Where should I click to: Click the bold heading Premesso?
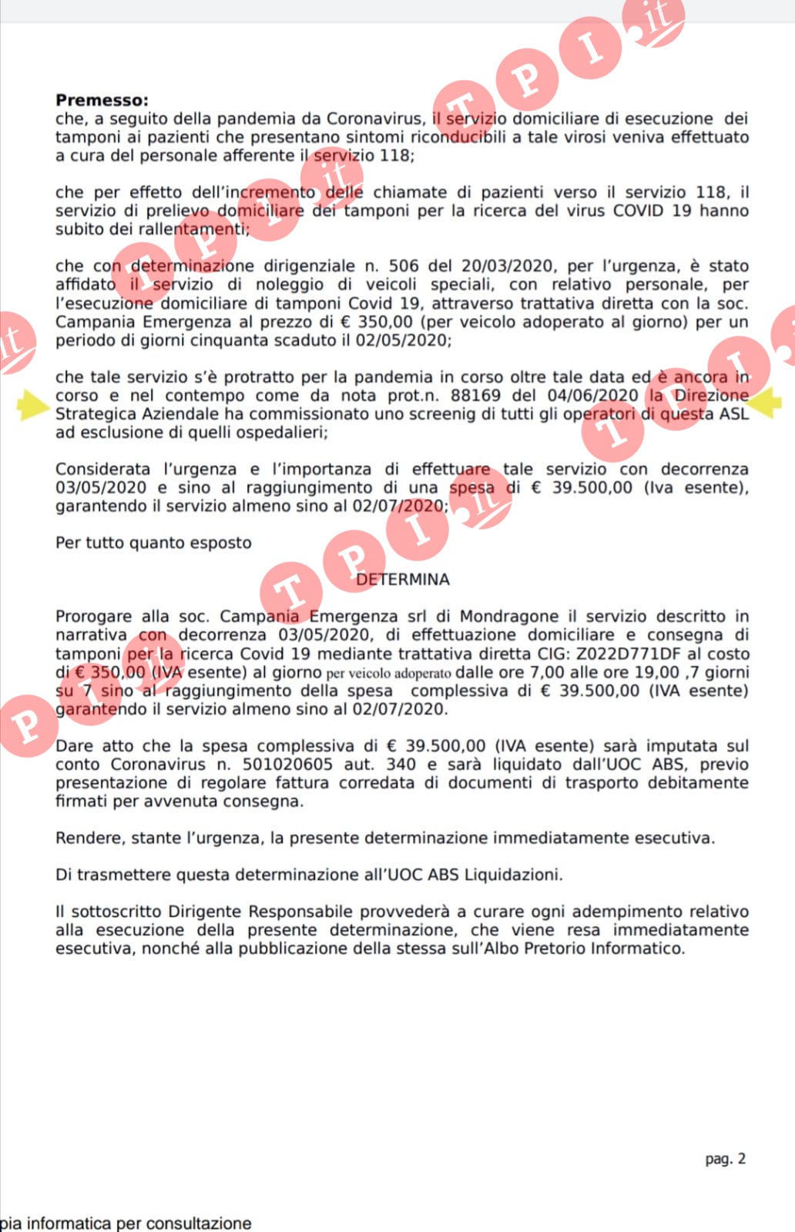(102, 100)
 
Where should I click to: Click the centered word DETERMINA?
(403, 580)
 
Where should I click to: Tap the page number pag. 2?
(725, 1159)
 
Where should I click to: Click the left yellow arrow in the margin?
(32, 405)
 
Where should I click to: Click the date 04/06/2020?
(592, 396)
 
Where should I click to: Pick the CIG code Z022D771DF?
(619, 654)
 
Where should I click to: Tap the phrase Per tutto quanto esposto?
(153, 543)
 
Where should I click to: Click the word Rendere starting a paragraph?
(86, 838)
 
